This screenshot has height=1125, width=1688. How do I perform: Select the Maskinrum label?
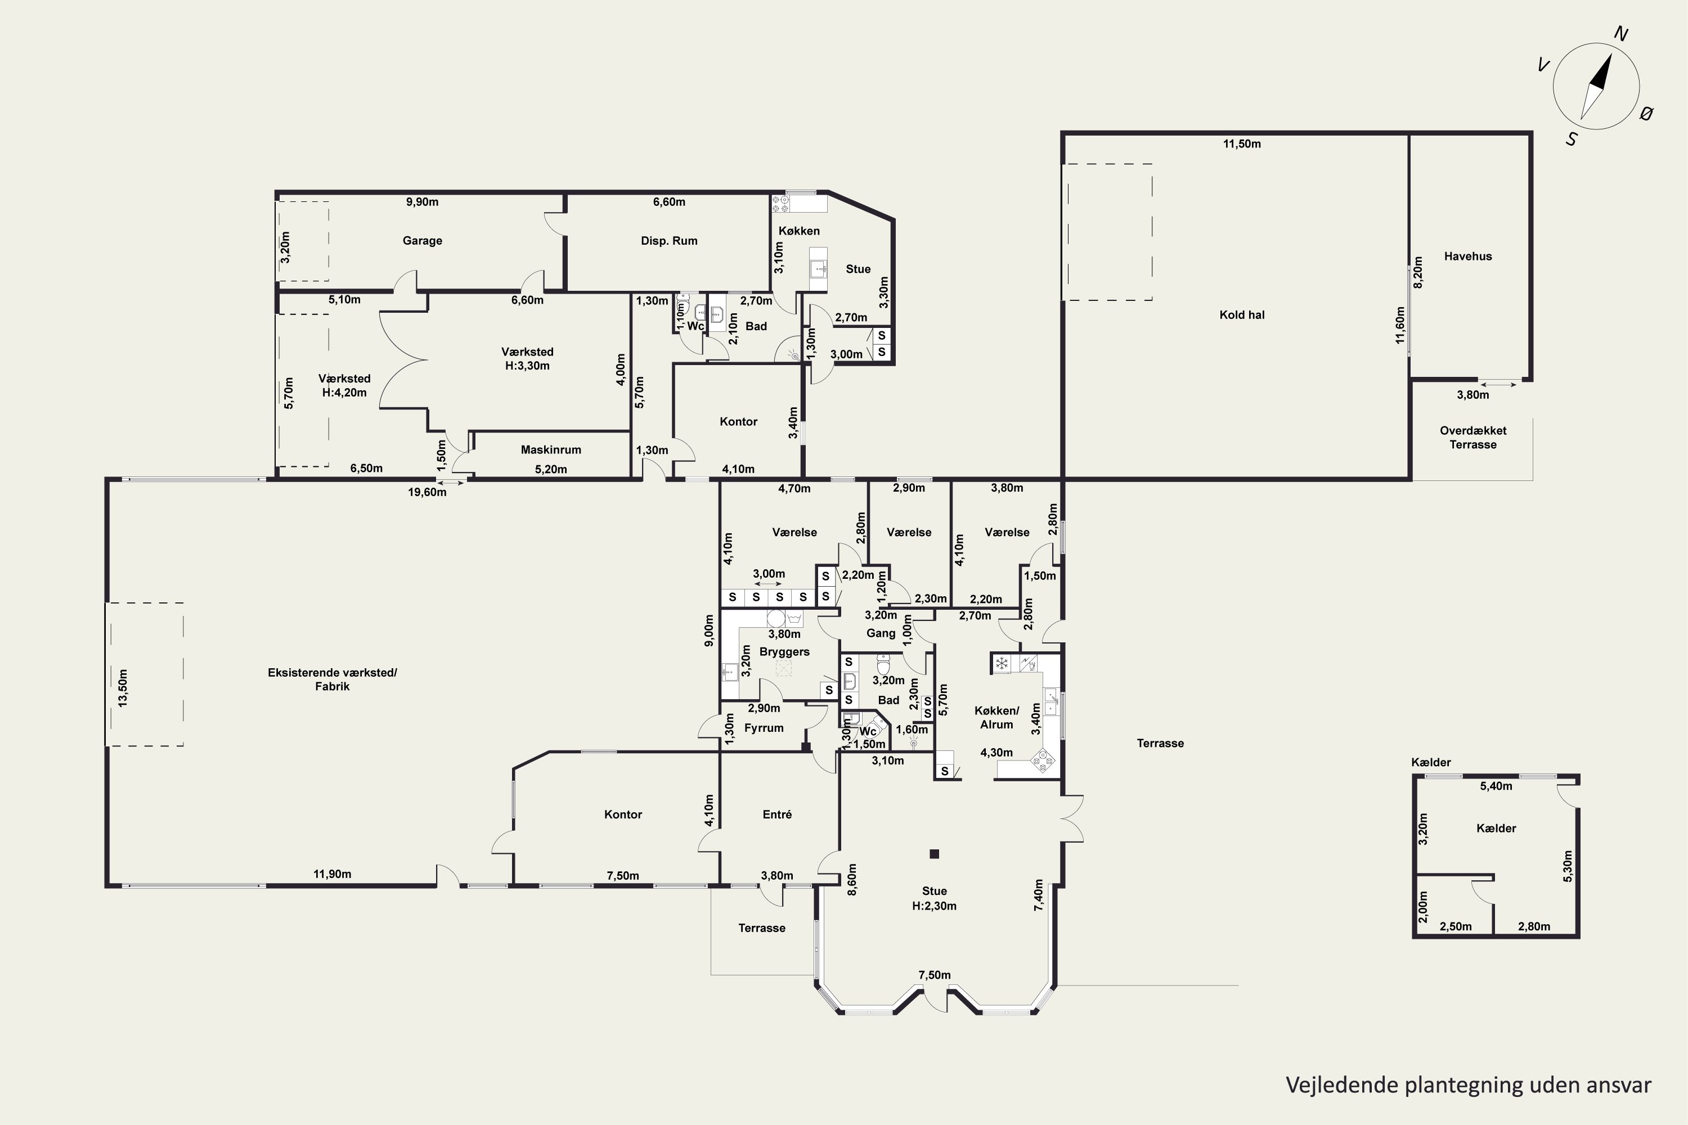click(x=550, y=450)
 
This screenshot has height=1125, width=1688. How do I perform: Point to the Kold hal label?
click(x=1242, y=315)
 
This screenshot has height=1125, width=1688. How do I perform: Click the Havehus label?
click(x=1467, y=256)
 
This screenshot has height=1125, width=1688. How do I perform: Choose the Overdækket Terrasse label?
click(x=1472, y=438)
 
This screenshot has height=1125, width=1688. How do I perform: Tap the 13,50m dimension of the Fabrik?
click(x=123, y=688)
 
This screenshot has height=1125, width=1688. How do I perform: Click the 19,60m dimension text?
click(x=427, y=492)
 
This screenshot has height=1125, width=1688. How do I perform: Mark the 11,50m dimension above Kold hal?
click(x=1242, y=143)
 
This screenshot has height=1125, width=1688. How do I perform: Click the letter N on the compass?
click(x=1620, y=34)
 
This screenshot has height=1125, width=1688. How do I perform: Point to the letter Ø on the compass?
click(x=1647, y=112)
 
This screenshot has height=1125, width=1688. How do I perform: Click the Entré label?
click(x=777, y=814)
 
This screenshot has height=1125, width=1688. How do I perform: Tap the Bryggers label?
click(x=784, y=652)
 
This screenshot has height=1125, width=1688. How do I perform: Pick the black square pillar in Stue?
click(x=935, y=854)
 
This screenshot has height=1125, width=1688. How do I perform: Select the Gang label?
click(x=881, y=633)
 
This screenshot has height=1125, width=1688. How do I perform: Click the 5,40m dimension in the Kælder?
click(x=1496, y=786)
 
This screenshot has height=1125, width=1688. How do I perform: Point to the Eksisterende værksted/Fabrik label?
click(x=333, y=679)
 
